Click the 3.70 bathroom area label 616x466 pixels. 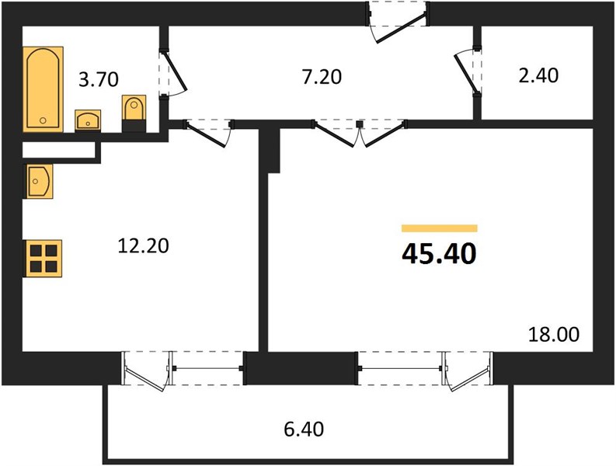pos(98,79)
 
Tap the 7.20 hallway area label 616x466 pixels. pos(322,77)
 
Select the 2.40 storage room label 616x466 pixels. pos(538,75)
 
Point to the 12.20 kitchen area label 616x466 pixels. pos(144,245)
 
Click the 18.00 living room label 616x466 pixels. pos(554,335)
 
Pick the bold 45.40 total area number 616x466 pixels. pos(439,254)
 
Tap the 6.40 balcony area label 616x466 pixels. pos(304,429)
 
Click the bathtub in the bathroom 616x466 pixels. pos(44,89)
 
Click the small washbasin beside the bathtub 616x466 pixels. pos(88,120)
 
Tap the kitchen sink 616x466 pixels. pos(40,181)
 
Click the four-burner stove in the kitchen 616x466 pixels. pos(44,258)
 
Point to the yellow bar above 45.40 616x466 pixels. pos(439,228)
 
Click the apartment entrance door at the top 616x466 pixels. pos(398,22)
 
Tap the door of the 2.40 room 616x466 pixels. pos(468,72)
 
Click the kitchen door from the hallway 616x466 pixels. pos(208,133)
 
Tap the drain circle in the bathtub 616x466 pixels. pos(43,120)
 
